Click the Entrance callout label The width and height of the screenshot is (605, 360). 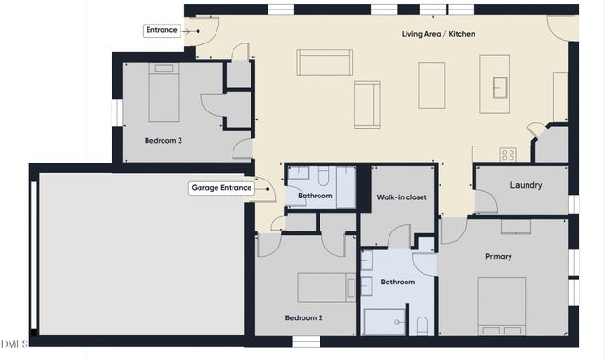point(161,30)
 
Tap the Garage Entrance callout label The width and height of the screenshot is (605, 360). point(221,188)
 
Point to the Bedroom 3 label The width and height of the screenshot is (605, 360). point(164,140)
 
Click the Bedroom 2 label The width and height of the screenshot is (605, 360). point(304,317)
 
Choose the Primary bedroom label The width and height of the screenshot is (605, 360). point(498,256)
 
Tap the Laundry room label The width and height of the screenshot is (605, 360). point(526,185)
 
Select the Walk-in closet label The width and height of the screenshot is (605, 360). point(399,197)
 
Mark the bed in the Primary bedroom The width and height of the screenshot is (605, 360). point(502,305)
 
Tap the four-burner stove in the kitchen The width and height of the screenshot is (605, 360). point(508,154)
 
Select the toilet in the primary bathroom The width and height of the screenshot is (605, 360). point(423,326)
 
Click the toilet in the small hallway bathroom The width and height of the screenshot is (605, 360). point(323,177)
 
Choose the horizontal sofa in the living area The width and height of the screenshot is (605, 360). point(324,62)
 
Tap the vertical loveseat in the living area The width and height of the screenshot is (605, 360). point(367,104)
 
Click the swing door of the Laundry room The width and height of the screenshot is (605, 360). point(485,201)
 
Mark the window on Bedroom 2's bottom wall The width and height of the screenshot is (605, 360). point(304,340)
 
